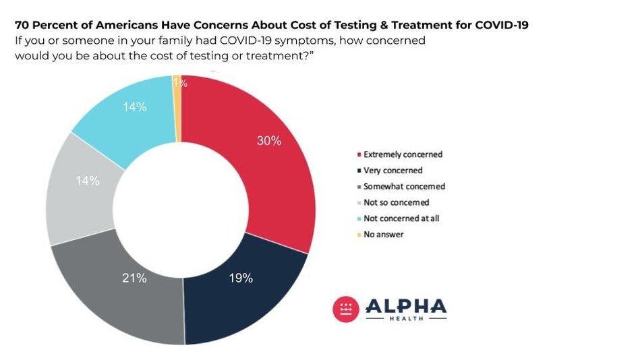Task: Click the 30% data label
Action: pyautogui.click(x=268, y=141)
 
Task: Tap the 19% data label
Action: pyautogui.click(x=240, y=278)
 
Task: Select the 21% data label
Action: pyautogui.click(x=134, y=278)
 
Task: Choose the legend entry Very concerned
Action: pyautogui.click(x=392, y=171)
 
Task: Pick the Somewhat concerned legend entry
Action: pyautogui.click(x=404, y=187)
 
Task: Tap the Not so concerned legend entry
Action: pyautogui.click(x=396, y=202)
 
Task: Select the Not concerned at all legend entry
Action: pyautogui.click(x=401, y=218)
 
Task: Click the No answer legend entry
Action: pyautogui.click(x=383, y=235)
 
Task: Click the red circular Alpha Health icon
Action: pyautogui.click(x=346, y=309)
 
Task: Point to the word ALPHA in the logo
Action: pyautogui.click(x=405, y=306)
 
